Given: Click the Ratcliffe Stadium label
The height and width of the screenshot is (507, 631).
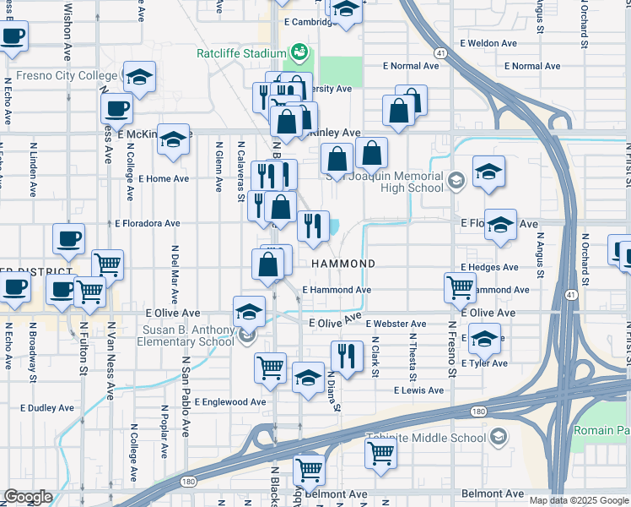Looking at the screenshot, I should [x=242, y=52].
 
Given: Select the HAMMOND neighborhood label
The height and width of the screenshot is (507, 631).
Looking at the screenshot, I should [x=342, y=264].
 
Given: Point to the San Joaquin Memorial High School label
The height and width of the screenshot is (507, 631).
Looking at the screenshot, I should [x=385, y=182].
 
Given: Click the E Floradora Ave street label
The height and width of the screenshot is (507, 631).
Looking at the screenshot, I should [x=148, y=224].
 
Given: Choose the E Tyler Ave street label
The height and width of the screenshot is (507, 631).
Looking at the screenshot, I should [x=484, y=363].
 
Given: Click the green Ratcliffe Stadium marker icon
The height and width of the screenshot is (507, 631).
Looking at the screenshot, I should [x=298, y=53].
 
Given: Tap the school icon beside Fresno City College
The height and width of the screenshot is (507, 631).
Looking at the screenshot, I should [x=140, y=79].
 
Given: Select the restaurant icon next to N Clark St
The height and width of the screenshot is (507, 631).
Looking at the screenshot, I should [x=347, y=355].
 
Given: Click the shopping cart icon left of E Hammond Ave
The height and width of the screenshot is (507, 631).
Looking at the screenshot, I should [x=460, y=287].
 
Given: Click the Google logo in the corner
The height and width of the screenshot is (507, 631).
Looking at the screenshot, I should [x=28, y=497].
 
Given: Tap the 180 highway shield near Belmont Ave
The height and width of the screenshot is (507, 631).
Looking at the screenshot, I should [x=187, y=482].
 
